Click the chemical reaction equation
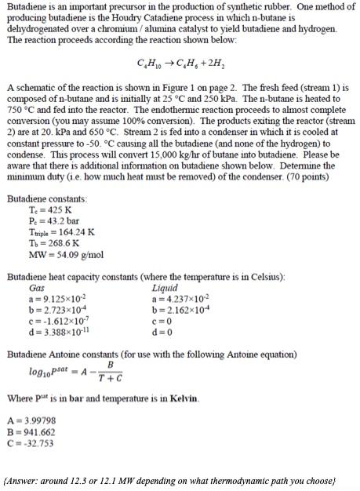[180, 63]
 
